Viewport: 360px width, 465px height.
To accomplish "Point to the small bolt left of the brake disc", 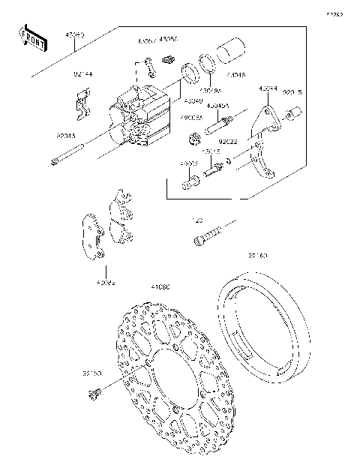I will point(94,390).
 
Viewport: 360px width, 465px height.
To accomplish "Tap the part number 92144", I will point(83,75).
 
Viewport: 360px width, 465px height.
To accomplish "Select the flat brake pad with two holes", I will point(94,234).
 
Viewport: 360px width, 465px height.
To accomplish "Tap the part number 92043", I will point(64,136).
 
